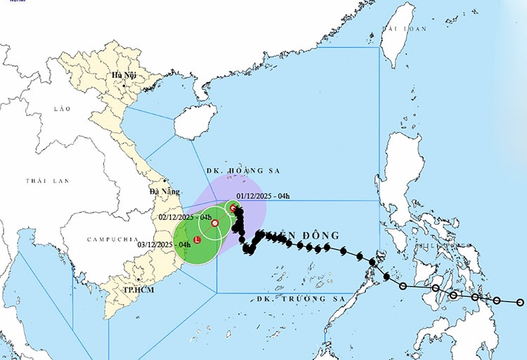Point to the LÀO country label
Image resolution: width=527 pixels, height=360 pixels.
tap(63, 109)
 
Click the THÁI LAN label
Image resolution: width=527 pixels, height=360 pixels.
tap(48, 181)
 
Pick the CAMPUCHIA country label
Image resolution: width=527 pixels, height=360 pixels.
tap(112, 239)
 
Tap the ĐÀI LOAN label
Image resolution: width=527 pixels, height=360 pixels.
tap(404, 29)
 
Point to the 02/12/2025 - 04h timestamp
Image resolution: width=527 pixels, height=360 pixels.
tap(185, 217)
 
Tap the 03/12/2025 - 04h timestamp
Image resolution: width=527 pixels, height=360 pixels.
tap(164, 244)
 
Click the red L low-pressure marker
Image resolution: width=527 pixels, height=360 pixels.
tap(197, 240)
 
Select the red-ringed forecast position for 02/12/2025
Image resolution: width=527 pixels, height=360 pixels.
tap(215, 223)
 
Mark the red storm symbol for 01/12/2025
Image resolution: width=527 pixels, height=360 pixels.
tap(233, 207)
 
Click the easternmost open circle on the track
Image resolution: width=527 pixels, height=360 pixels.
tap(520, 302)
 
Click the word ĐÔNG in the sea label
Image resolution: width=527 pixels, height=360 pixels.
tap(319, 236)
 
